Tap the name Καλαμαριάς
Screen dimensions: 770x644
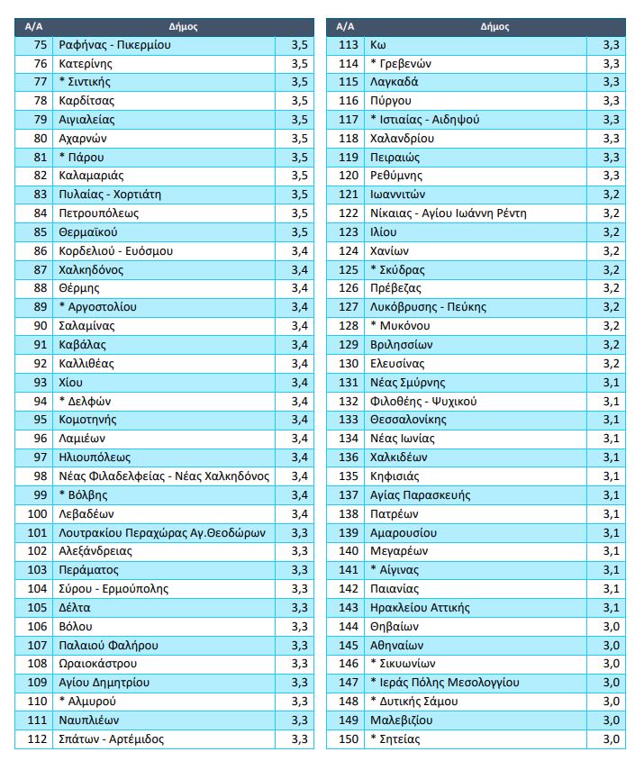point(91,176)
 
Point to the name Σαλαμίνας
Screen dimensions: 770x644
point(87,326)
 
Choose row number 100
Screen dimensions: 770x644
point(38,513)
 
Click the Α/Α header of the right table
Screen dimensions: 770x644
point(346,26)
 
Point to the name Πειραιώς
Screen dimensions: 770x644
point(395,157)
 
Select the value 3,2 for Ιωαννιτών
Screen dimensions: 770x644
point(611,195)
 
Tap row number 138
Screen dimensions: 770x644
point(349,513)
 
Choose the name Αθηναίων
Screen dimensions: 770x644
point(396,645)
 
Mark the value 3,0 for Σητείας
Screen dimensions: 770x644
point(611,739)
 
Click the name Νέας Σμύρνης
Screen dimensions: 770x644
point(407,382)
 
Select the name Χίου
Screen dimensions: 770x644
point(71,382)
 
